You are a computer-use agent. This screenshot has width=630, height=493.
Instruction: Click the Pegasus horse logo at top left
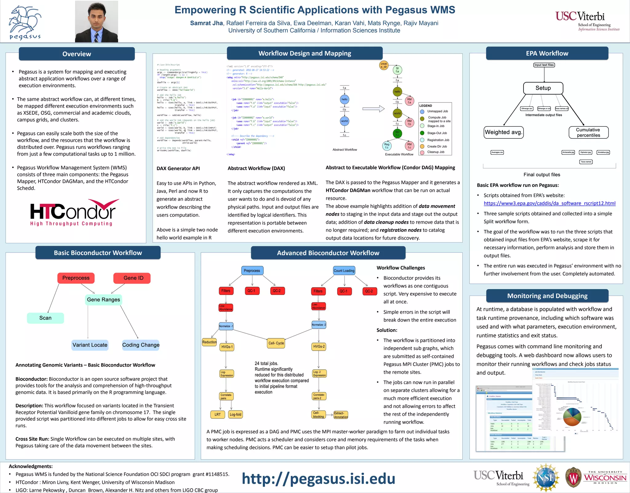(x=25, y=22)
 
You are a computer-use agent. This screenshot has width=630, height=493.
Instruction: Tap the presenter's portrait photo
(x=96, y=22)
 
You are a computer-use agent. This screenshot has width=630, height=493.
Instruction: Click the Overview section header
(x=77, y=54)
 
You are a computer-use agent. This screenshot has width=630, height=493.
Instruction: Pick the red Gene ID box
(x=133, y=278)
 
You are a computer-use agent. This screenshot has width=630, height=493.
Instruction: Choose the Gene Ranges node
(x=103, y=300)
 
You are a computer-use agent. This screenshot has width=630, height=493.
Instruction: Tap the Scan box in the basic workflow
(x=45, y=318)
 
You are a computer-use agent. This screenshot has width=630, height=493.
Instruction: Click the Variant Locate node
(x=90, y=345)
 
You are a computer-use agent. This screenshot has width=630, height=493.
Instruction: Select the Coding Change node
(x=141, y=345)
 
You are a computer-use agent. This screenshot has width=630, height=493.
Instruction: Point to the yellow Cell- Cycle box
(x=276, y=343)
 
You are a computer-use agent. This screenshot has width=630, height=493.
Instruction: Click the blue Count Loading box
(x=344, y=271)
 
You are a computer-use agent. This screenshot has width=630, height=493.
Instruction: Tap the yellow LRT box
(x=217, y=415)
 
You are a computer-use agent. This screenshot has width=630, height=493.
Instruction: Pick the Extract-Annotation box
(x=341, y=415)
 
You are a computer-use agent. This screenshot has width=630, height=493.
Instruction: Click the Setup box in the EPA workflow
(x=543, y=88)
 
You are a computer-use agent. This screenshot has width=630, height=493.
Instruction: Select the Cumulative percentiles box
(x=588, y=133)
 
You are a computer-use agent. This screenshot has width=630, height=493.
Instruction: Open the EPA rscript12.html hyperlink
(x=549, y=203)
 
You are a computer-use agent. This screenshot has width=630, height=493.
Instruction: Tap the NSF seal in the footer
(x=546, y=478)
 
